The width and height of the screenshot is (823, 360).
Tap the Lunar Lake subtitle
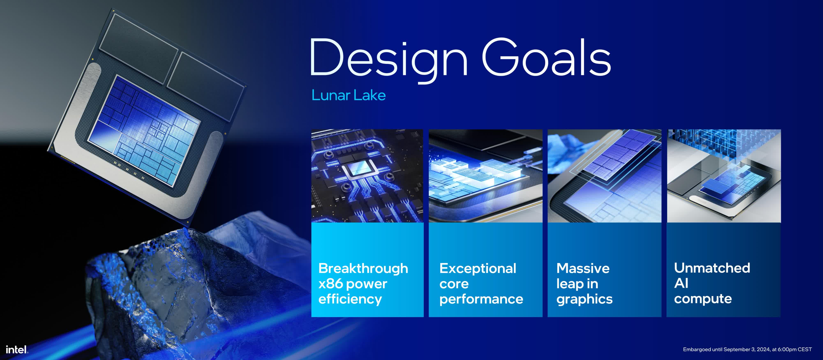pos(349,95)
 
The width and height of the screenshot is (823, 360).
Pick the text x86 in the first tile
pos(331,283)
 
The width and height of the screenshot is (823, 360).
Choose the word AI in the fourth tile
pos(681,283)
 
